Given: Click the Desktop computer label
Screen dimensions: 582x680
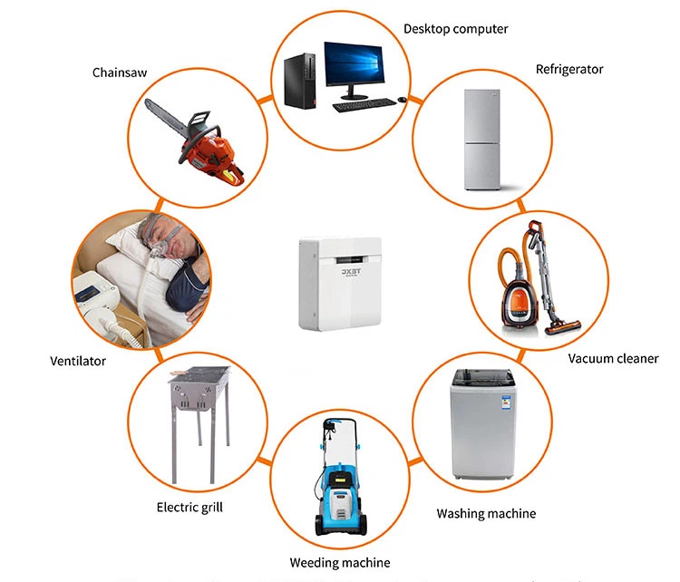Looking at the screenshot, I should [455, 29].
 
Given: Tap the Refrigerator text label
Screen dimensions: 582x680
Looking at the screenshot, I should [568, 69].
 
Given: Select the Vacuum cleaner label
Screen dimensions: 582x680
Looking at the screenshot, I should [613, 358].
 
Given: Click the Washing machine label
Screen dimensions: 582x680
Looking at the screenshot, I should [486, 513].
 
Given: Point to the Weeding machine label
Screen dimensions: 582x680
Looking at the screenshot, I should [340, 563].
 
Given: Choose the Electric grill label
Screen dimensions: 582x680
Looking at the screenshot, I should [189, 507].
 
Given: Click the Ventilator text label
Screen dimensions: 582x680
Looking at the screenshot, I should [78, 361].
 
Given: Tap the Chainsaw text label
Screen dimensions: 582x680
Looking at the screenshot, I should [120, 72].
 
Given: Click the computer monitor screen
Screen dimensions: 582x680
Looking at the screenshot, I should [355, 63].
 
